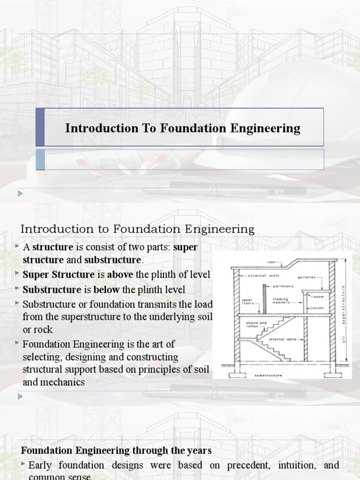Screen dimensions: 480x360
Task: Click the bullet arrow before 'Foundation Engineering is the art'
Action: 17,343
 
